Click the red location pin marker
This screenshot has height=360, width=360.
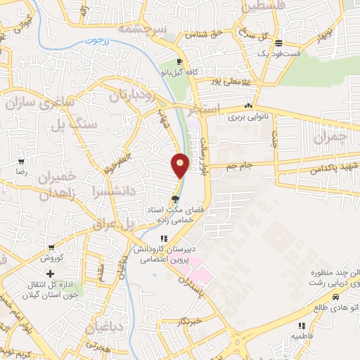[x=180, y=165]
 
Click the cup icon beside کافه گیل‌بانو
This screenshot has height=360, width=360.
[x=181, y=60]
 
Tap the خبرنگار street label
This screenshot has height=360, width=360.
[x=191, y=321]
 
